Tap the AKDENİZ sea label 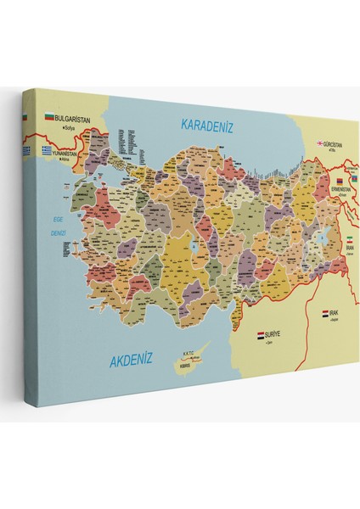point(132,361)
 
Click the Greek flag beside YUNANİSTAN point(49,150)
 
